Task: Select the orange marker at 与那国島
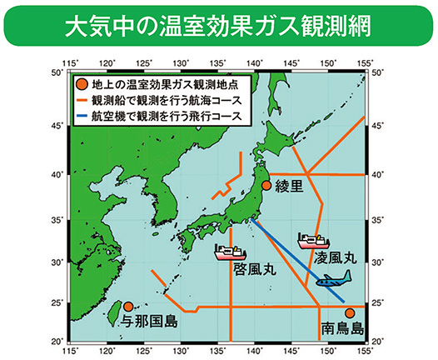128,307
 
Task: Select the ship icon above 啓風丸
233,251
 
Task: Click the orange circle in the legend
81,84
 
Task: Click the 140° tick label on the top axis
255,63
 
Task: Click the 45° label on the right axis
380,126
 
